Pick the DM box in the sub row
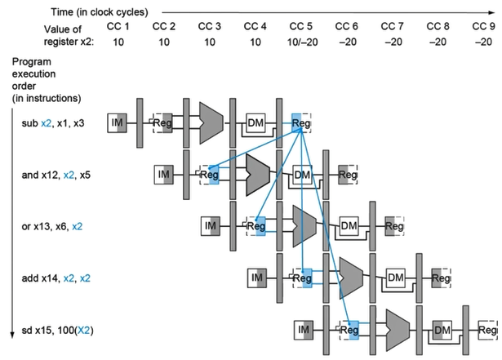pyautogui.click(x=256, y=122)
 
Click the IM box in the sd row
pyautogui.click(x=304, y=329)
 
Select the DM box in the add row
pyautogui.click(x=396, y=278)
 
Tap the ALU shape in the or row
pyautogui.click(x=304, y=224)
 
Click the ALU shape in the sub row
pyautogui.click(x=211, y=122)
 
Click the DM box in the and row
pyautogui.click(x=303, y=174)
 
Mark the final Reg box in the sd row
pyautogui.click(x=488, y=329)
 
